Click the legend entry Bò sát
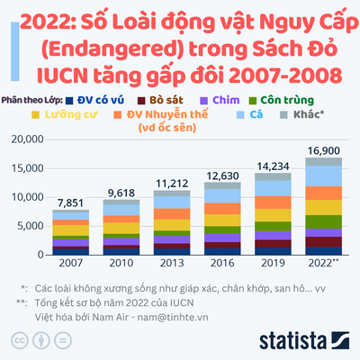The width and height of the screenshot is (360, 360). click(160, 101)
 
